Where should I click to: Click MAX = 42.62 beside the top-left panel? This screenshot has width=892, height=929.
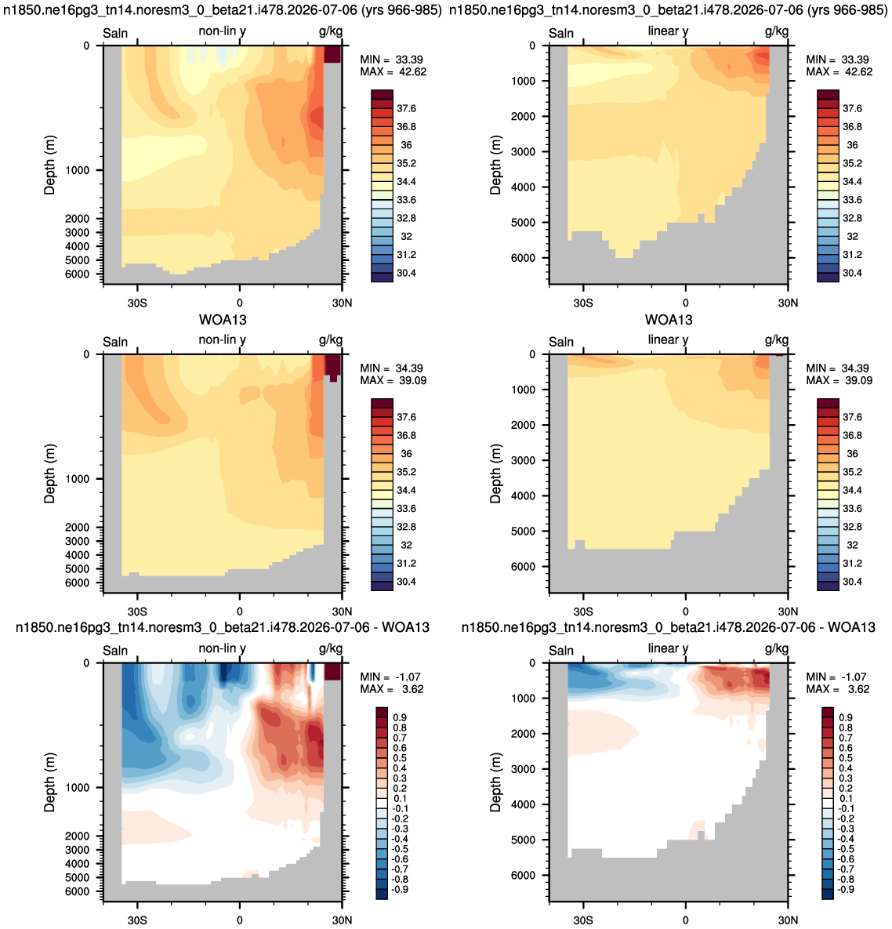[x=393, y=71]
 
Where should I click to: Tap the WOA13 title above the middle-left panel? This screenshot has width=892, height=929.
[x=223, y=320]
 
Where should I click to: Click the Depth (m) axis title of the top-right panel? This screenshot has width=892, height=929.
[x=495, y=165]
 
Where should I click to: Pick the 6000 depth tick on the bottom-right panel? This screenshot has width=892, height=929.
[x=523, y=875]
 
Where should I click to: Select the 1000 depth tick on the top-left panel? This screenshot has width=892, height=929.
[x=77, y=170]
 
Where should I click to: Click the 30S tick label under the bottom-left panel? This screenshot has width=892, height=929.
[x=137, y=920]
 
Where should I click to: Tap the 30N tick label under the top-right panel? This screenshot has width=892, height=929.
[x=788, y=303]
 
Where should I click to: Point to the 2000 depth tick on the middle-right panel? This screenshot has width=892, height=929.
[x=523, y=425]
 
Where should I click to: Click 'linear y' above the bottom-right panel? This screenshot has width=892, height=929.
[x=668, y=648]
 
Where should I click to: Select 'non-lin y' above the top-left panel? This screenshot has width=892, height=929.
[x=222, y=31]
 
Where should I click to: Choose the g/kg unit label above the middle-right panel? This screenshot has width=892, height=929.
[x=777, y=340]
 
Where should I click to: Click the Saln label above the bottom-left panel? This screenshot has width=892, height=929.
[x=115, y=651]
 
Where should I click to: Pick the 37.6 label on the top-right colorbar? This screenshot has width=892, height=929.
[x=852, y=108]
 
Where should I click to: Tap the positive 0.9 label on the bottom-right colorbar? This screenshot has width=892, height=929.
[x=846, y=717]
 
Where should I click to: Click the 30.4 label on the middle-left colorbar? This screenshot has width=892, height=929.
[x=406, y=582]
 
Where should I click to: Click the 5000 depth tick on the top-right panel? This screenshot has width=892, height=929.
[x=523, y=222]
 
